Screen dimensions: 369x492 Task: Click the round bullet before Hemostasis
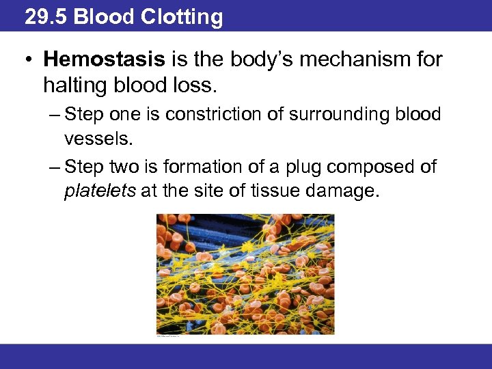tap(27, 61)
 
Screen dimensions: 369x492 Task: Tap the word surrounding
tap(323, 114)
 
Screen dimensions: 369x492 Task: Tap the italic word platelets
tap(100, 191)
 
